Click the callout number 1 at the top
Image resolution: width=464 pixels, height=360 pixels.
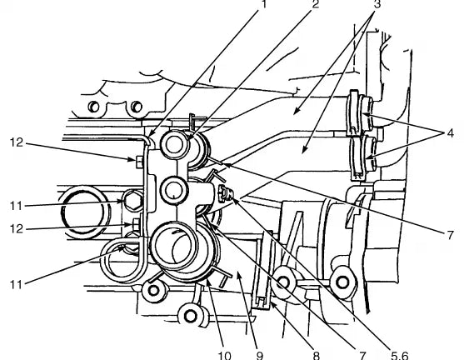pos(263,4)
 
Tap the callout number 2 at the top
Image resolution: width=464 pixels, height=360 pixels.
pos(315,4)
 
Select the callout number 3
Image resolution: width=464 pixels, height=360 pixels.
pos(377,4)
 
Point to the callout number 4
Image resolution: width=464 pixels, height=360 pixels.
pos(450,133)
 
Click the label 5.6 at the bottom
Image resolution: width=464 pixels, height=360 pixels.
pos(400,355)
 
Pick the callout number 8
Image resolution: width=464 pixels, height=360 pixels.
pos(317,355)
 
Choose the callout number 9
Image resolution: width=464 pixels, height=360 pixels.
pos(259,355)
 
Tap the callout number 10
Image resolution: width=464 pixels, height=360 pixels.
pos(224,355)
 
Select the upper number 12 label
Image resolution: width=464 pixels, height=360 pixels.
pos(17,142)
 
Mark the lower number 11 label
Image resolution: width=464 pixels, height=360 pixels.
pos(17,285)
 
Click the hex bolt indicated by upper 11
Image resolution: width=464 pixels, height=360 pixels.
pos(132,201)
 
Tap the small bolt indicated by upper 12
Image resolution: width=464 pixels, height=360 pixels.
pos(139,162)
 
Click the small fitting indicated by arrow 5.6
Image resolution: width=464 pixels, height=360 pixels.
pos(226,193)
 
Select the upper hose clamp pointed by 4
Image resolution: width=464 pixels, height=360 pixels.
pos(362,114)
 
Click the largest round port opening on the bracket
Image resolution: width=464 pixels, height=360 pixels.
pos(174,245)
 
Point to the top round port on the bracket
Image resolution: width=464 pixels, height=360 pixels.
pos(175,144)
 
